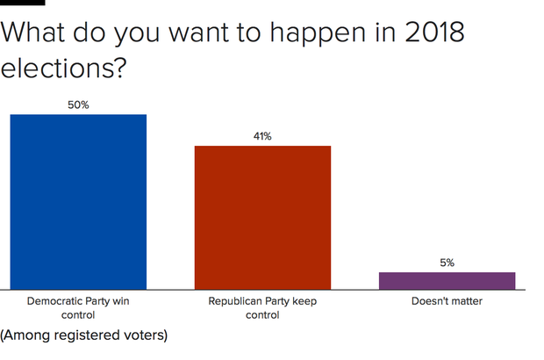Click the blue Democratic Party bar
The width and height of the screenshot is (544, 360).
coord(78,201)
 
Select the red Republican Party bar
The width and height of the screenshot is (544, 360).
coord(262,217)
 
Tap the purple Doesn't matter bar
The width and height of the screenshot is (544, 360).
coord(447,280)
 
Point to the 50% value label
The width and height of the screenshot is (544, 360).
coord(78,104)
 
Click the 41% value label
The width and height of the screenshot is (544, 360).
coord(262,136)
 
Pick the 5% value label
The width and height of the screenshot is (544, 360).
coord(447,263)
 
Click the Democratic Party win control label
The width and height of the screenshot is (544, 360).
coord(78,307)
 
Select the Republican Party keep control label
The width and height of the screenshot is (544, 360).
coord(262,307)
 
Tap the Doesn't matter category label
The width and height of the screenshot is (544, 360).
coord(447,301)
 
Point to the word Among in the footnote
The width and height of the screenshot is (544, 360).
coord(24,335)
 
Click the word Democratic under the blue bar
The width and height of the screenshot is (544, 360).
coord(56,301)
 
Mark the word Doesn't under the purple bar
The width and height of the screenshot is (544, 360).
coord(431,301)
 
